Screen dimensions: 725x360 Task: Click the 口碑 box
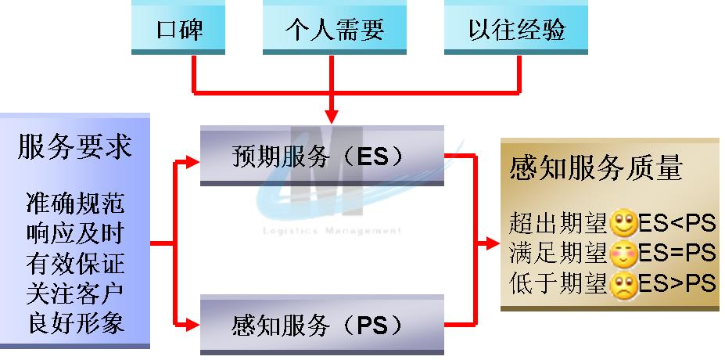point(178,27)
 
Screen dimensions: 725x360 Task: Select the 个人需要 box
point(334,27)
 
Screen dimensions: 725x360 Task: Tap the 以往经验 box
point(516,27)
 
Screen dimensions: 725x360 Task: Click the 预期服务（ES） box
point(322,156)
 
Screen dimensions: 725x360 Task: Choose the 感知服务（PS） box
point(322,325)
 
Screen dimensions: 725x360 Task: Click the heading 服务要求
point(75,146)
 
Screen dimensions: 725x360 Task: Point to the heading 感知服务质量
point(596,167)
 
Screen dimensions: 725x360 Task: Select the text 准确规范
point(75,203)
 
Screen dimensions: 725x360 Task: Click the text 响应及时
point(75,232)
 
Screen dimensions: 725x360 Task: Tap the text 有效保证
point(75,263)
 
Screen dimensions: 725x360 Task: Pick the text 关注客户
point(75,293)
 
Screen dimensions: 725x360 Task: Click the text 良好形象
point(75,323)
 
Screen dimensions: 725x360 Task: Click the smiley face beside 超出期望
point(624,223)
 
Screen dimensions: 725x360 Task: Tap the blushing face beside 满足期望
point(624,254)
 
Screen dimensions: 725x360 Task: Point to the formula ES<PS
point(677,224)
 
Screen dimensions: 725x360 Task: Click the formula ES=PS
point(677,254)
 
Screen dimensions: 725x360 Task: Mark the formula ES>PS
point(677,283)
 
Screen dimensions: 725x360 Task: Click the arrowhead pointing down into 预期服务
point(332,117)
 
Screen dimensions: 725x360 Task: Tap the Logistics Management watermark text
point(332,230)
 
